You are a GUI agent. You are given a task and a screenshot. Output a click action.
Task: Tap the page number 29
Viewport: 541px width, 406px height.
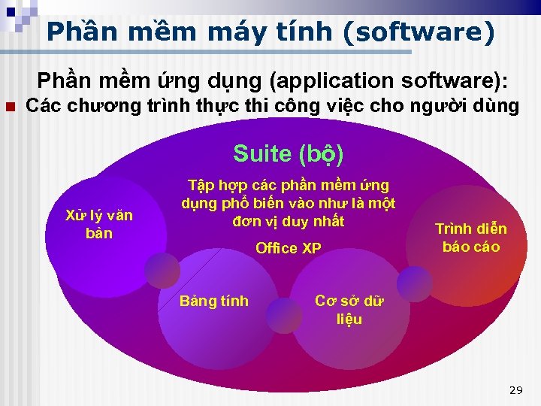click(x=515, y=390)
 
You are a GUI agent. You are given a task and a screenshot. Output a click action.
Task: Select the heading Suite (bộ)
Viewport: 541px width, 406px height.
click(x=289, y=153)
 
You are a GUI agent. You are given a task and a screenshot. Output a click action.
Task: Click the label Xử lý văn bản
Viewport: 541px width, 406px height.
click(x=99, y=224)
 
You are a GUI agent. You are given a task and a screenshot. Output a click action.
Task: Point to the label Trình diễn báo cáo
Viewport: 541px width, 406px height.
click(x=471, y=238)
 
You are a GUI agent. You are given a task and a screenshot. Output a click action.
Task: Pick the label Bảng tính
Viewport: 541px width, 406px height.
click(x=213, y=301)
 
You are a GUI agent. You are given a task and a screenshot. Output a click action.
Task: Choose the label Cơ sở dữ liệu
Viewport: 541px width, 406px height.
click(x=349, y=310)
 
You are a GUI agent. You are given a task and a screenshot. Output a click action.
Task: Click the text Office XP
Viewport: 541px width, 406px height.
click(x=289, y=248)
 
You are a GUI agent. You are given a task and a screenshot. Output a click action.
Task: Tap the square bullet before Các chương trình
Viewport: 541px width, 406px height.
click(x=10, y=107)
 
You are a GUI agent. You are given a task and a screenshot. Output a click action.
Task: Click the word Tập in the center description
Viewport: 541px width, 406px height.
click(x=201, y=185)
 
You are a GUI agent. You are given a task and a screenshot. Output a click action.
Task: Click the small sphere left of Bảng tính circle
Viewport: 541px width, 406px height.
click(x=162, y=269)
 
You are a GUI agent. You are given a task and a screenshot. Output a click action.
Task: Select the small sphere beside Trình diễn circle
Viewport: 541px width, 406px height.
click(x=414, y=283)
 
